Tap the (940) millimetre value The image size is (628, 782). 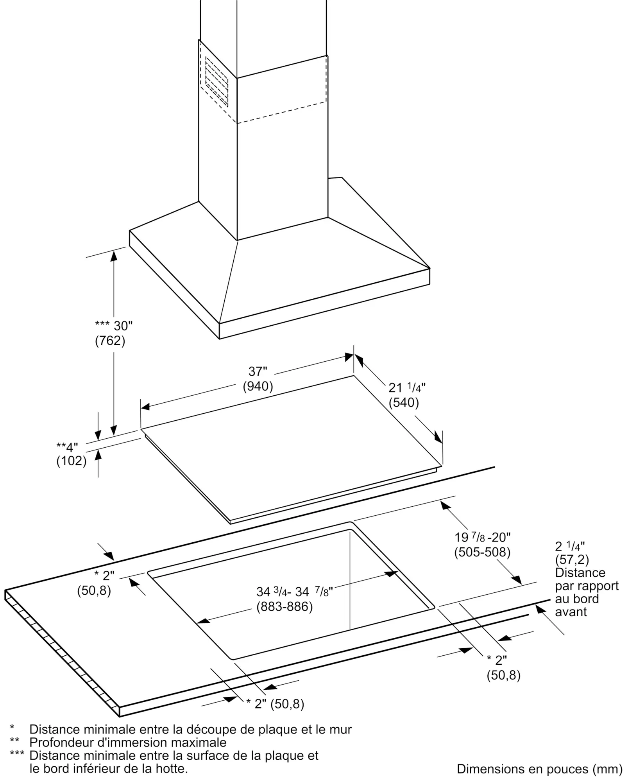click(x=258, y=386)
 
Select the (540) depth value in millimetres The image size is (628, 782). click(x=404, y=402)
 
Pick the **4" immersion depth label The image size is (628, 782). click(x=67, y=446)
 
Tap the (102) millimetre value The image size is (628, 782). click(x=72, y=461)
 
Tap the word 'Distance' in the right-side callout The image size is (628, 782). click(x=580, y=573)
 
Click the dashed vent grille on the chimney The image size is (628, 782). click(x=216, y=81)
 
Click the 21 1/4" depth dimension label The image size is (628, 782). click(x=407, y=387)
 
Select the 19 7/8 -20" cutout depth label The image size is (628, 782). click(x=482, y=537)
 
